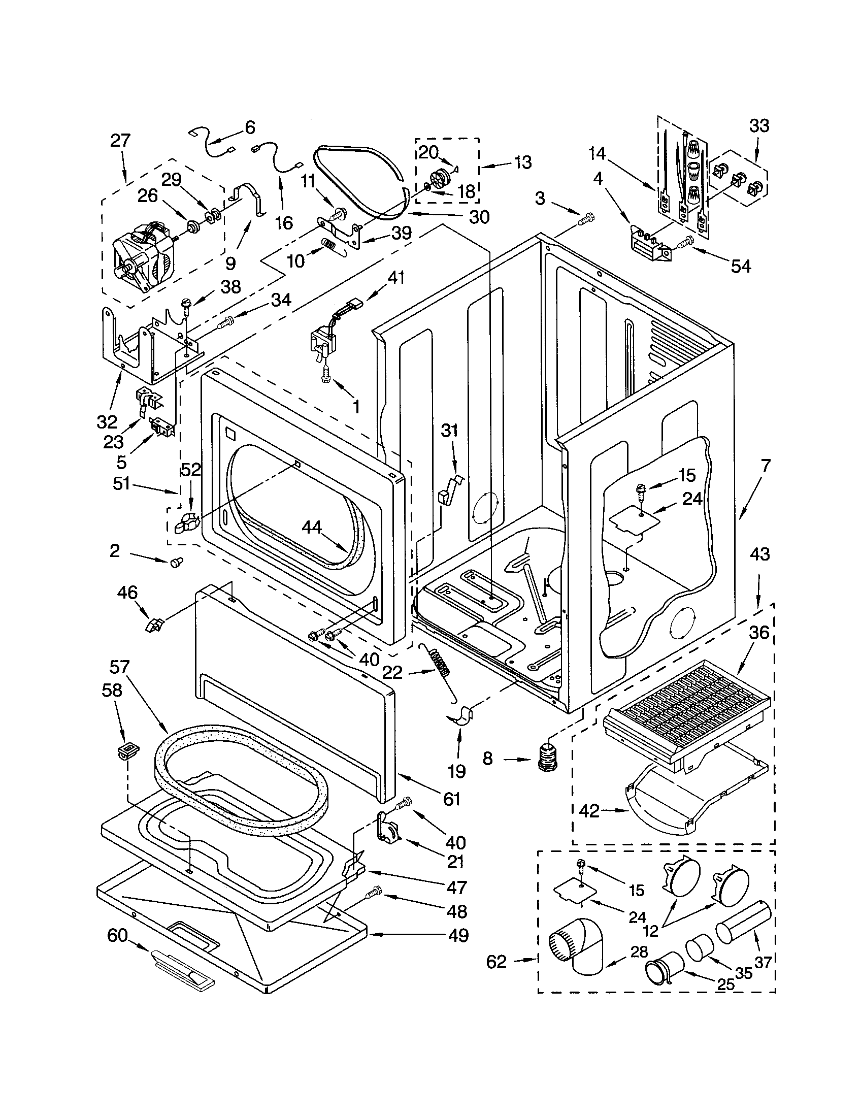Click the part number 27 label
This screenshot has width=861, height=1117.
(120, 141)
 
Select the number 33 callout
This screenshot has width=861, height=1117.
(759, 126)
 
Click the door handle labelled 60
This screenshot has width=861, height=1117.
(182, 968)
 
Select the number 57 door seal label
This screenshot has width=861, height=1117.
(120, 667)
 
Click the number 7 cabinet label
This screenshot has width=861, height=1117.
(765, 466)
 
